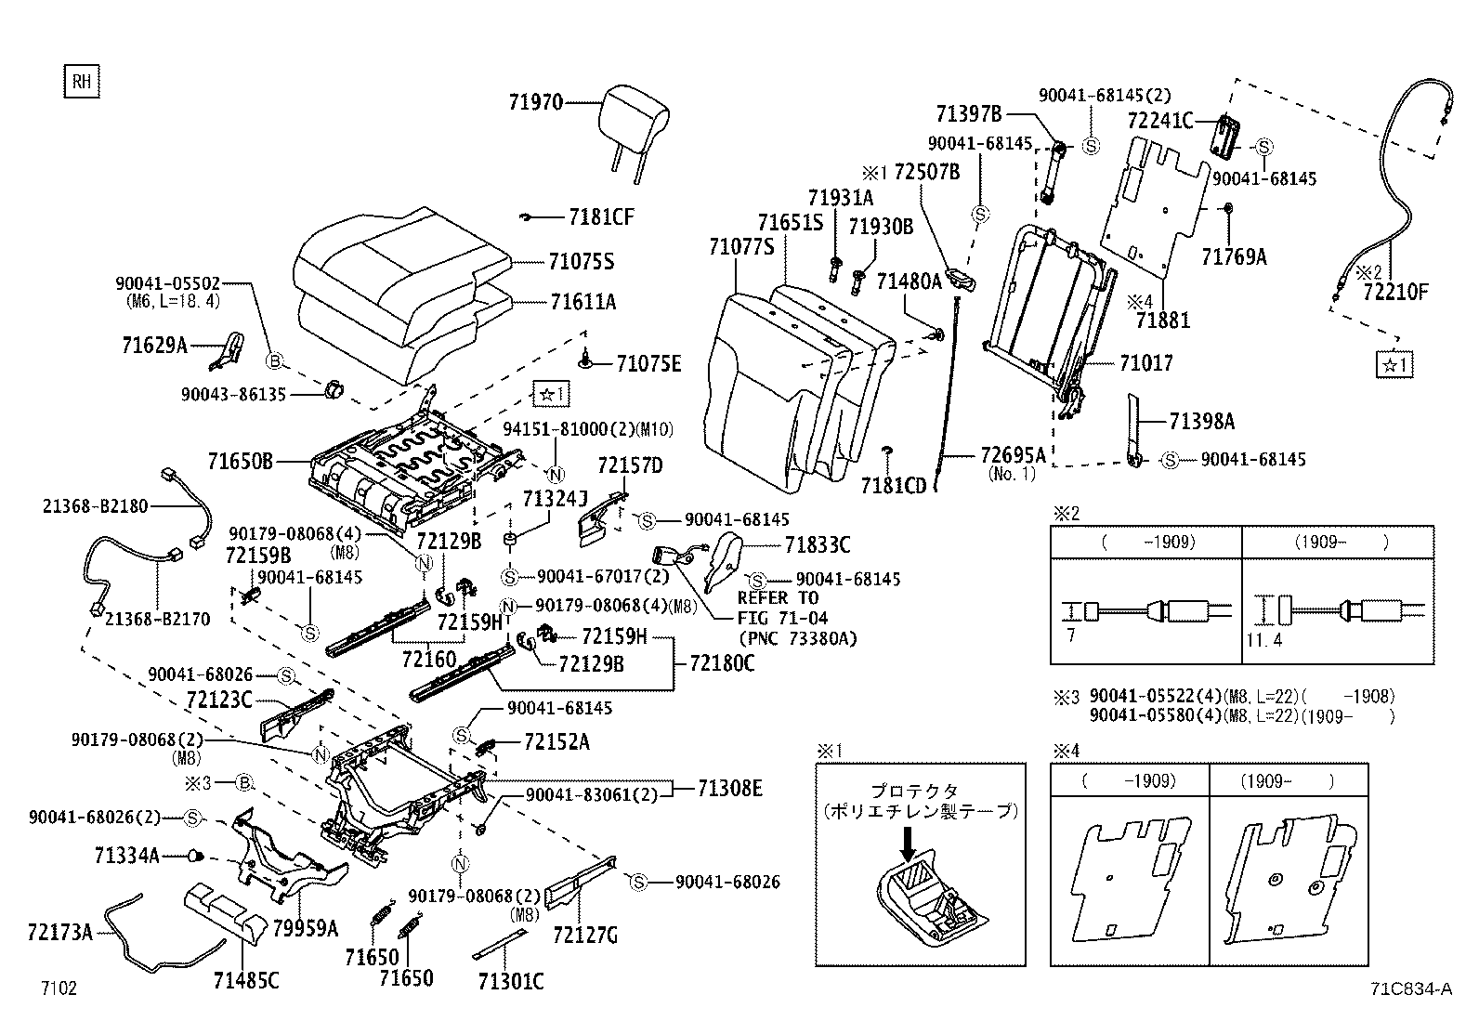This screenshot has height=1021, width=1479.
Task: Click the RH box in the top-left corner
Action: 82,82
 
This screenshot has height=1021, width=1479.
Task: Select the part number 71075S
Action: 582,263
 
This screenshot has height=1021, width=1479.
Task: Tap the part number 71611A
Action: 582,302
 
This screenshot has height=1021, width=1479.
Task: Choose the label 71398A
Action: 1201,422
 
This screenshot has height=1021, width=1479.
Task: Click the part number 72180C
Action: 722,663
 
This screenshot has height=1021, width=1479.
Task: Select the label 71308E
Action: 730,789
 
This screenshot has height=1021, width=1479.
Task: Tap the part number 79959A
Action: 305,927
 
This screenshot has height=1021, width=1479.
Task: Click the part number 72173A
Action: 60,932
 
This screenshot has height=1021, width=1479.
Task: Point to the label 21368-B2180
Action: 95,506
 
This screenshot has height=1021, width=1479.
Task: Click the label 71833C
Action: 817,545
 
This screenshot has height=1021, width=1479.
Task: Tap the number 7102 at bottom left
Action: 59,988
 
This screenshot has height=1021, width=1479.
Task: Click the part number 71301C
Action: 510,981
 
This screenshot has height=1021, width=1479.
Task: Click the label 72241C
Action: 1159,121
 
